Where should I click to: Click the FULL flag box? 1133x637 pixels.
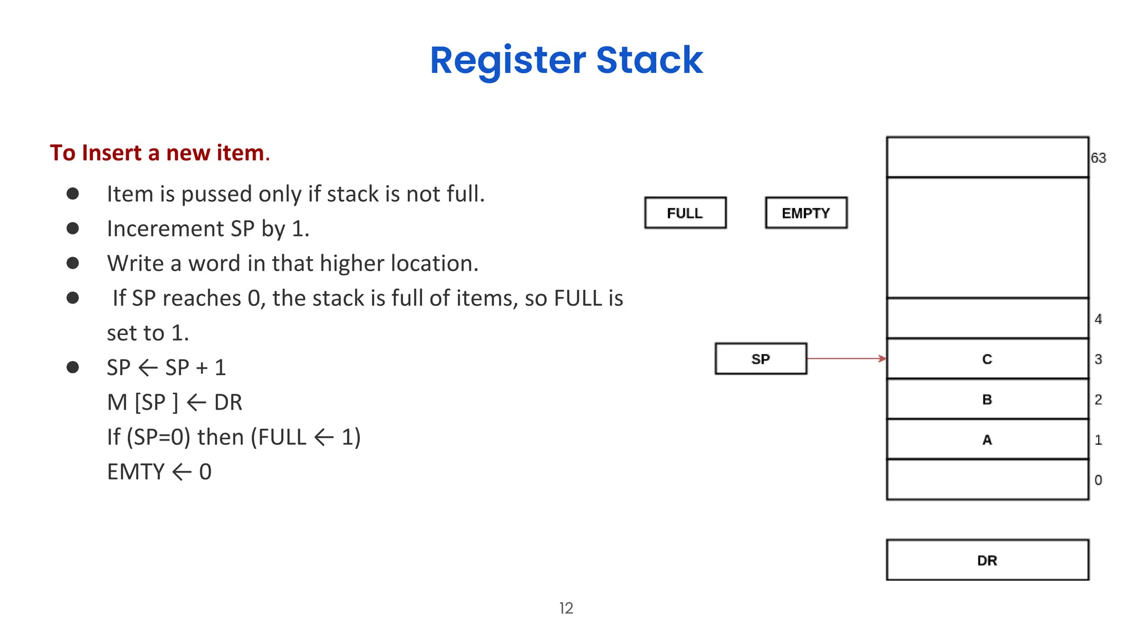coord(685,213)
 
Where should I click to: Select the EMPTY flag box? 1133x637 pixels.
coord(806,213)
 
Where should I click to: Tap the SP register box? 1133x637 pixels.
coord(761,359)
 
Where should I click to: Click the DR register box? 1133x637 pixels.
coord(988,560)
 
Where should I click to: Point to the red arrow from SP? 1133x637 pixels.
coord(846,358)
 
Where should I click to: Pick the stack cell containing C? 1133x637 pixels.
coord(988,359)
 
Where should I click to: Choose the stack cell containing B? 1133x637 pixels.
coord(988,399)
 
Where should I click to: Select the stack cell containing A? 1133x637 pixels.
coord(988,440)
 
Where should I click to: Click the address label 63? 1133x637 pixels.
coord(1098,158)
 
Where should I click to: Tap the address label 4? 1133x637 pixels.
coord(1098,319)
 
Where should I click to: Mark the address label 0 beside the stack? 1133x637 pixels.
coord(1098,480)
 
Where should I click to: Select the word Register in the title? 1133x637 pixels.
coord(508,61)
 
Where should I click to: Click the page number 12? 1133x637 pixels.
coord(566,608)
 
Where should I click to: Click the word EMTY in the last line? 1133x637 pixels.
coord(136,472)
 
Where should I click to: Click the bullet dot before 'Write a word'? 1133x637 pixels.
coord(72,263)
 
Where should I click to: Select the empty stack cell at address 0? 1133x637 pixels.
coord(988,480)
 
